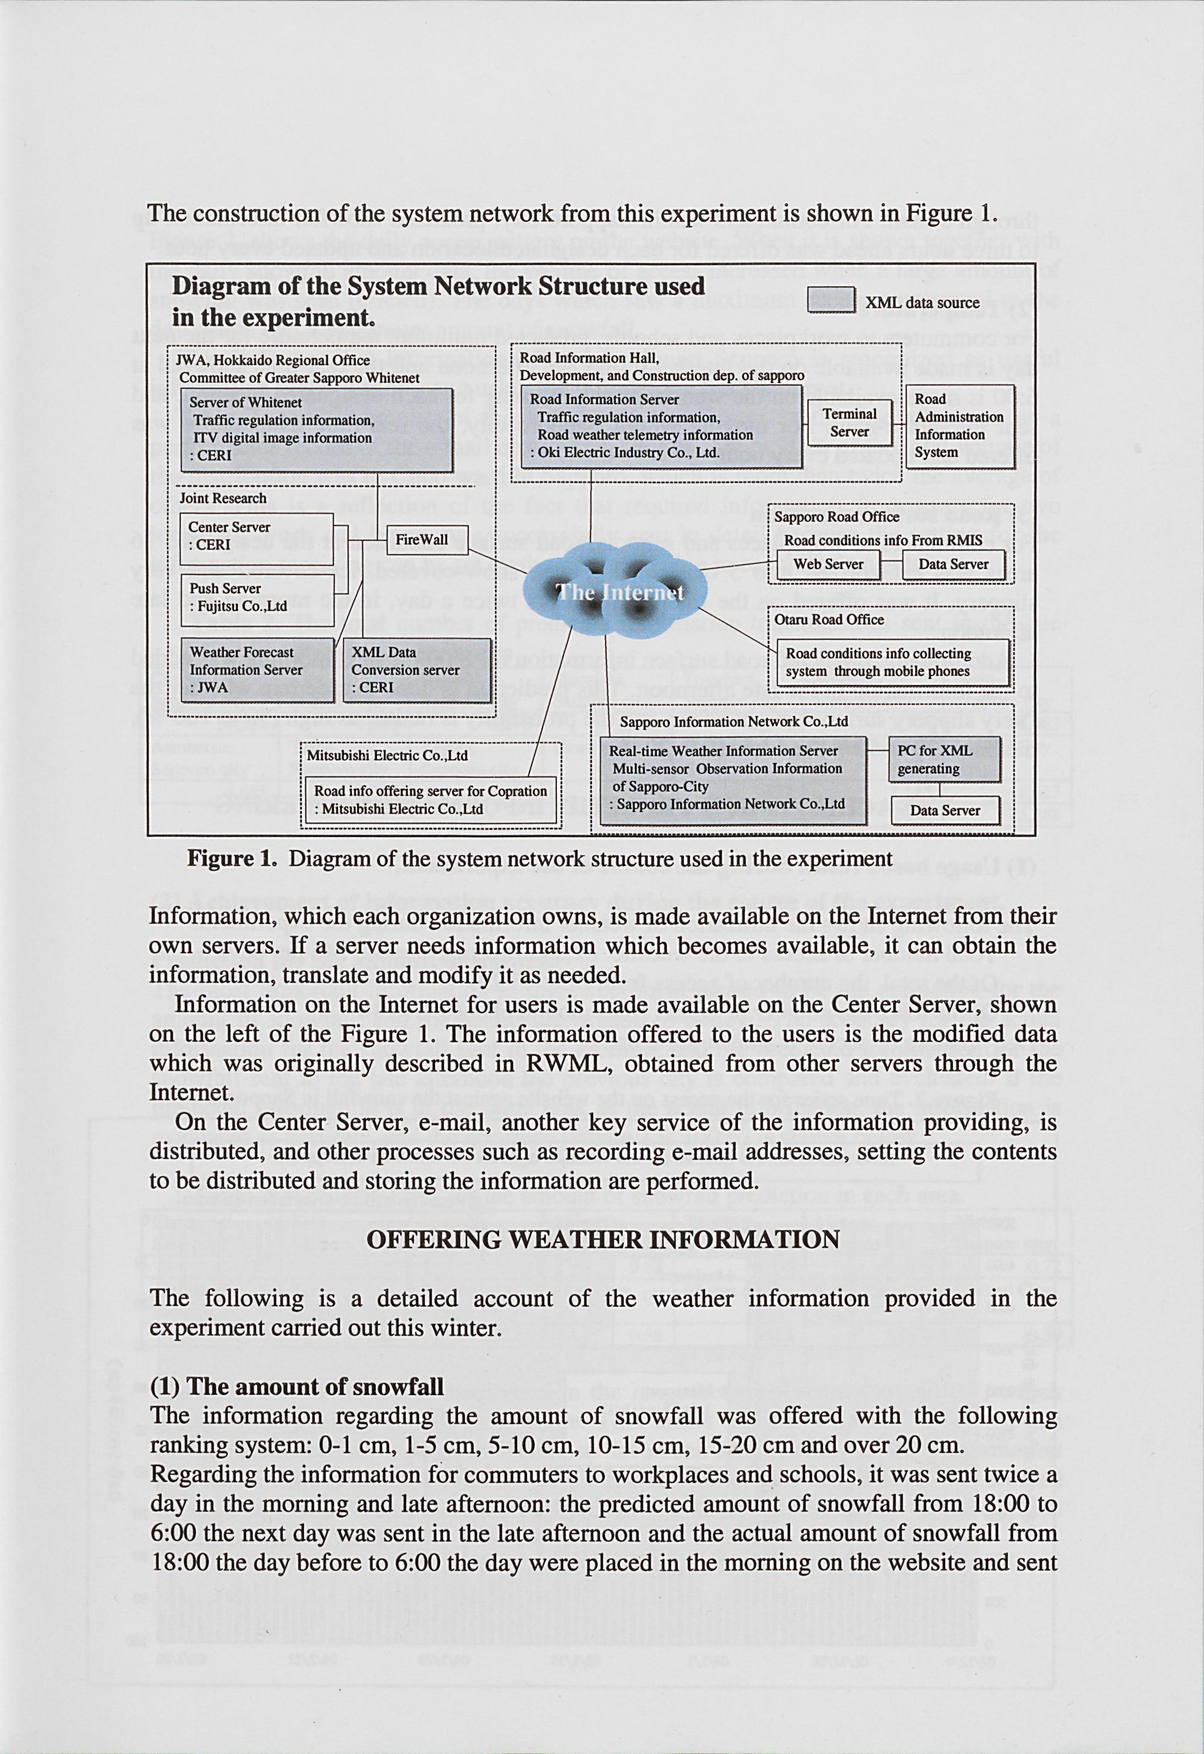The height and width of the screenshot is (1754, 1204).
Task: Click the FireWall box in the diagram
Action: tap(427, 540)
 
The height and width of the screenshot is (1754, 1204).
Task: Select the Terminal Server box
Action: tap(849, 423)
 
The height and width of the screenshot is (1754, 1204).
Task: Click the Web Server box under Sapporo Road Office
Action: tap(828, 564)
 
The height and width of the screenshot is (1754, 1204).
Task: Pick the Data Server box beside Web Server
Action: tap(952, 564)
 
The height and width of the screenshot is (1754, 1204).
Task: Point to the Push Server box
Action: tap(256, 597)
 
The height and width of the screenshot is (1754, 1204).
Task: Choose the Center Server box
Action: tap(256, 536)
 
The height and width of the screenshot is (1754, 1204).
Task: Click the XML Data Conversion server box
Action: tap(417, 669)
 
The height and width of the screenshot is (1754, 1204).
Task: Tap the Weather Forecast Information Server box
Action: tap(256, 669)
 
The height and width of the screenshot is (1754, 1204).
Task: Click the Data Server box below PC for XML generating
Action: tap(945, 811)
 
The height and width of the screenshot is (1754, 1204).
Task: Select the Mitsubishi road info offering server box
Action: tap(430, 800)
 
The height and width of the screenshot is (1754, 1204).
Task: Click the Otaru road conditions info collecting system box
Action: tap(893, 663)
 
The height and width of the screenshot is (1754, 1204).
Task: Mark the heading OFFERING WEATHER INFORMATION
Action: tap(603, 1239)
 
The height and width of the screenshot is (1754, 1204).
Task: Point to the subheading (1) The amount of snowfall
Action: tap(297, 1386)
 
